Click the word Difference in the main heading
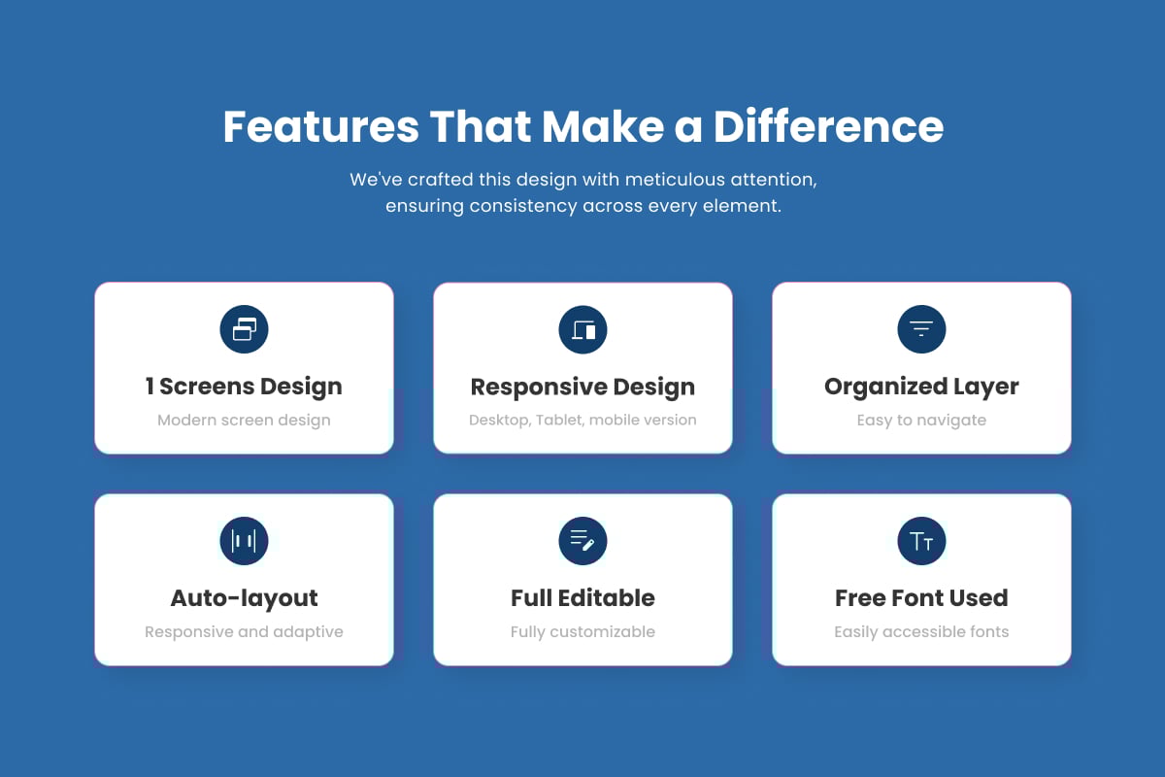(x=828, y=126)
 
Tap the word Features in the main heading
(x=321, y=126)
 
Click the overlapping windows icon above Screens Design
(x=244, y=329)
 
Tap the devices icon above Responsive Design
(x=582, y=329)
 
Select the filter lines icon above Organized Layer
(x=921, y=329)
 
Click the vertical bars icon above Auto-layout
(x=244, y=541)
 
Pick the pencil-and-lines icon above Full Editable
(x=582, y=541)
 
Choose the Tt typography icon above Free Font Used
(x=921, y=541)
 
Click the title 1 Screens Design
(x=244, y=387)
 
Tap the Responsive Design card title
(x=582, y=388)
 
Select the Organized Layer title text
(x=921, y=387)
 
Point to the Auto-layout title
(x=244, y=598)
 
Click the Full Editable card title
(x=582, y=598)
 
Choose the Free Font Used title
(x=921, y=598)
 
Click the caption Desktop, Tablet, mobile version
(x=582, y=420)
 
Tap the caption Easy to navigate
(x=921, y=421)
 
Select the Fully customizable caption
(x=582, y=632)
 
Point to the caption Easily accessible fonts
(x=921, y=632)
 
